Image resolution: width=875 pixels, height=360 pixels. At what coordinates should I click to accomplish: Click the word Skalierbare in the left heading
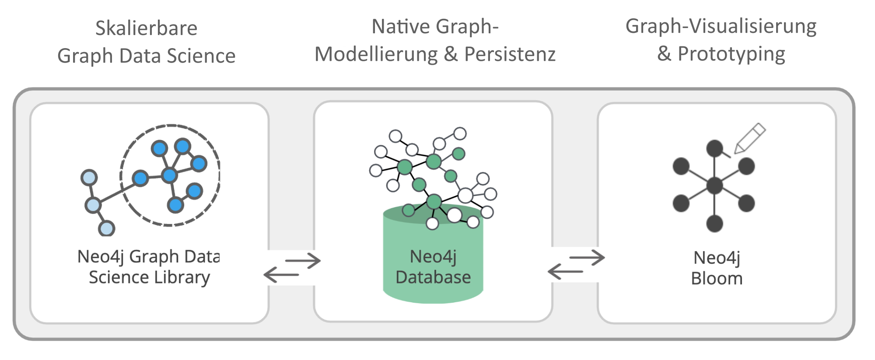coord(146,28)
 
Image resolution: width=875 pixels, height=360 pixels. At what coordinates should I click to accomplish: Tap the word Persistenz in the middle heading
coord(510,54)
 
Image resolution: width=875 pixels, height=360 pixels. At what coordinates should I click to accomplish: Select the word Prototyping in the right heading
coord(731,54)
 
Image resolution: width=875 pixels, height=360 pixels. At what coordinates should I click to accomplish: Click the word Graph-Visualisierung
coord(721,26)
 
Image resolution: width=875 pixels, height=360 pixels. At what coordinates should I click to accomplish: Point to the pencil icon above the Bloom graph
coord(750,138)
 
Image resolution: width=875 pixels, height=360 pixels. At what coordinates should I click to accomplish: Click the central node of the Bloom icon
coord(714,186)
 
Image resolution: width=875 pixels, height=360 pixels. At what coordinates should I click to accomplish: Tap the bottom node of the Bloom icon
coord(714,224)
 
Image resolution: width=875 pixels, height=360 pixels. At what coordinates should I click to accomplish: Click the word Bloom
coord(717,279)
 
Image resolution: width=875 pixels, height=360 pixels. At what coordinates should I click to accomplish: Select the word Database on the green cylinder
coord(433,277)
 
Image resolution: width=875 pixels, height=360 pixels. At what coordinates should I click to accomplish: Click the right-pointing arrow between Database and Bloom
coord(587,257)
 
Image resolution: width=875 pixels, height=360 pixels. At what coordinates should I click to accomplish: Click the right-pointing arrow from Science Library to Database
coord(303,261)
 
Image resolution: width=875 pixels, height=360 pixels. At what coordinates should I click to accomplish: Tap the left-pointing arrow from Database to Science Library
coord(281,275)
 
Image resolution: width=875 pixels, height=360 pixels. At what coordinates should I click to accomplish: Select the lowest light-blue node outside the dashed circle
coord(106,228)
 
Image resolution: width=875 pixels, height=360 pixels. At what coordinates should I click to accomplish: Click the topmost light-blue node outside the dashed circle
coord(89,178)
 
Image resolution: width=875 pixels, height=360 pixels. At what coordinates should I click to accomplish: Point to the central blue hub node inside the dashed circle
coord(169,175)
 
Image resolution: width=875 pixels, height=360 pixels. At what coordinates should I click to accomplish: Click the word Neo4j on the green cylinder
coord(433,257)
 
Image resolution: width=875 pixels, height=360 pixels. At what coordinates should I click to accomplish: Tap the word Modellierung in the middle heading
coord(376,54)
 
